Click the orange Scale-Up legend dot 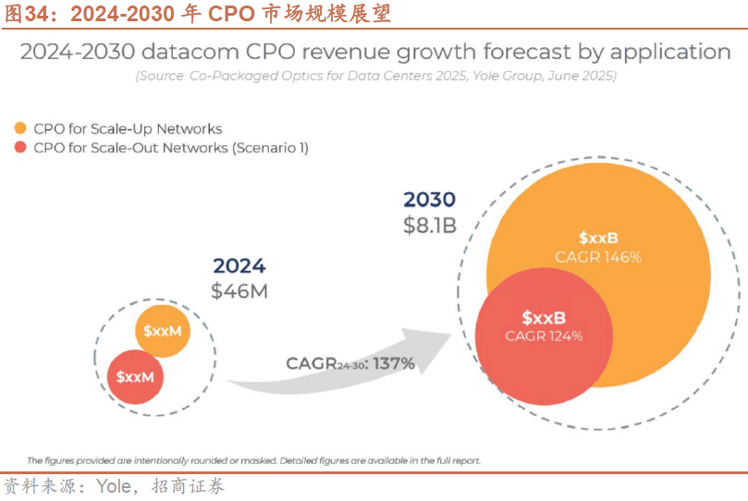[x=19, y=128]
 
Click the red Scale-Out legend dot [x=19, y=148]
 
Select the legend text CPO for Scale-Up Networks [x=128, y=128]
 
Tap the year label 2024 [x=239, y=266]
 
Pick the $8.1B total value [x=430, y=225]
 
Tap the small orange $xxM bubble [x=163, y=330]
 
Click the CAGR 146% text [x=598, y=257]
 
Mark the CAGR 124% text [x=544, y=336]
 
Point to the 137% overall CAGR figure [x=395, y=363]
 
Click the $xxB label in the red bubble [x=544, y=316]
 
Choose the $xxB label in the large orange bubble [x=598, y=238]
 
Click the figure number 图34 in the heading [x=29, y=13]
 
